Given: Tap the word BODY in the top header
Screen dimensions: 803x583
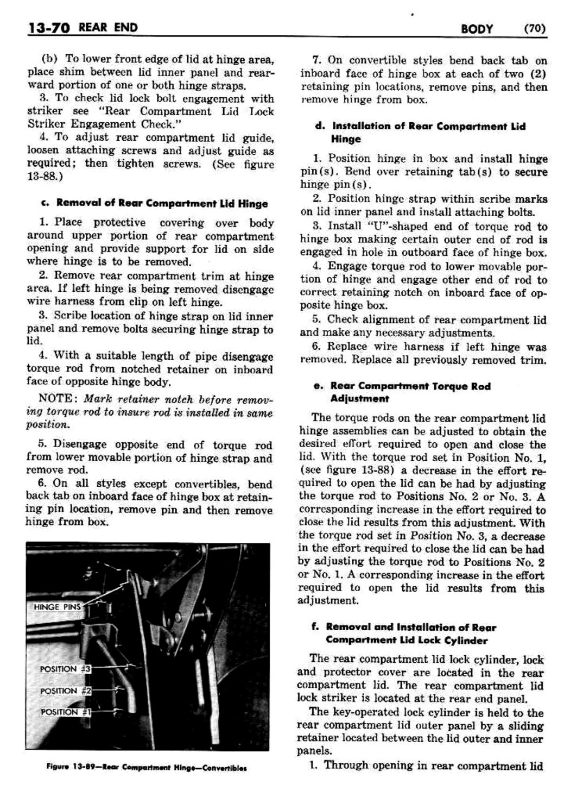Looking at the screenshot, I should click(x=476, y=28).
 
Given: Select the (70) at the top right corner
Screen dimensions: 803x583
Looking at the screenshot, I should click(x=535, y=28).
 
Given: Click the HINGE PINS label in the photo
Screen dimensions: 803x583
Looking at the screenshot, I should click(x=57, y=607).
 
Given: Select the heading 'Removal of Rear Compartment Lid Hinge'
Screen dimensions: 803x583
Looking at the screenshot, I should click(x=162, y=203).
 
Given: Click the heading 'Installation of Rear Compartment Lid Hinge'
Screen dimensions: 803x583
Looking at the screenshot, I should click(x=428, y=132).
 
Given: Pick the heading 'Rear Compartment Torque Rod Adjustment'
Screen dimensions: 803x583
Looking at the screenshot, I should click(x=410, y=392).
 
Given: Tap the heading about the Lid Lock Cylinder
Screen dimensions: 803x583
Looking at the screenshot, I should click(x=411, y=633).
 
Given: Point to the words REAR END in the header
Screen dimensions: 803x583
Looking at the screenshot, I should click(x=108, y=27).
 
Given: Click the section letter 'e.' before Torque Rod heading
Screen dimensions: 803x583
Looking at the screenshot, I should click(x=319, y=386).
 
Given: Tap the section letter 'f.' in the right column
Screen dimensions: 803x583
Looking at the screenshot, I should click(x=315, y=627).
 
